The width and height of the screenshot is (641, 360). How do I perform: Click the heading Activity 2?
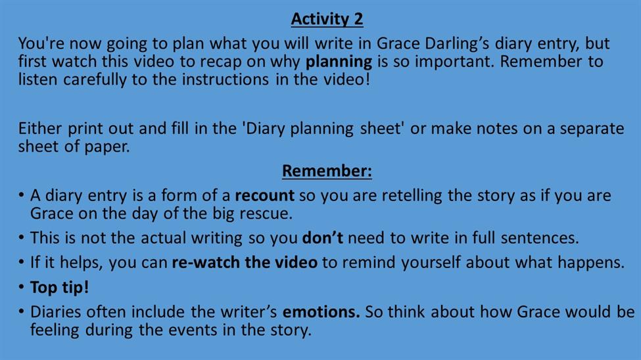pyautogui.click(x=327, y=19)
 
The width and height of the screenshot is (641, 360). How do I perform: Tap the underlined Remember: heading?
pyautogui.click(x=327, y=171)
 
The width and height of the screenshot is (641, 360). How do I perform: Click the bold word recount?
pyautogui.click(x=264, y=196)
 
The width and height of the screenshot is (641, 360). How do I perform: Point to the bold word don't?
pyautogui.click(x=323, y=237)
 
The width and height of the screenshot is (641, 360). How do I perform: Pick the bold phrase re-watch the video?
pyautogui.click(x=245, y=262)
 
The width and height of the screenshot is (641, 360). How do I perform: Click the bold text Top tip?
pyautogui.click(x=59, y=288)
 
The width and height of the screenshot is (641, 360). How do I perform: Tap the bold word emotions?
pyautogui.click(x=321, y=312)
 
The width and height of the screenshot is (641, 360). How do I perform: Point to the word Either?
pyautogui.click(x=40, y=128)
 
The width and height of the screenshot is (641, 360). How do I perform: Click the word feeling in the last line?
pyautogui.click(x=55, y=330)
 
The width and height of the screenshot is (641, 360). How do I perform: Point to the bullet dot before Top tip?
pyautogui.click(x=21, y=287)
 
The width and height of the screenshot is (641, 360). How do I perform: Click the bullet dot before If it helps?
pyautogui.click(x=21, y=262)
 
